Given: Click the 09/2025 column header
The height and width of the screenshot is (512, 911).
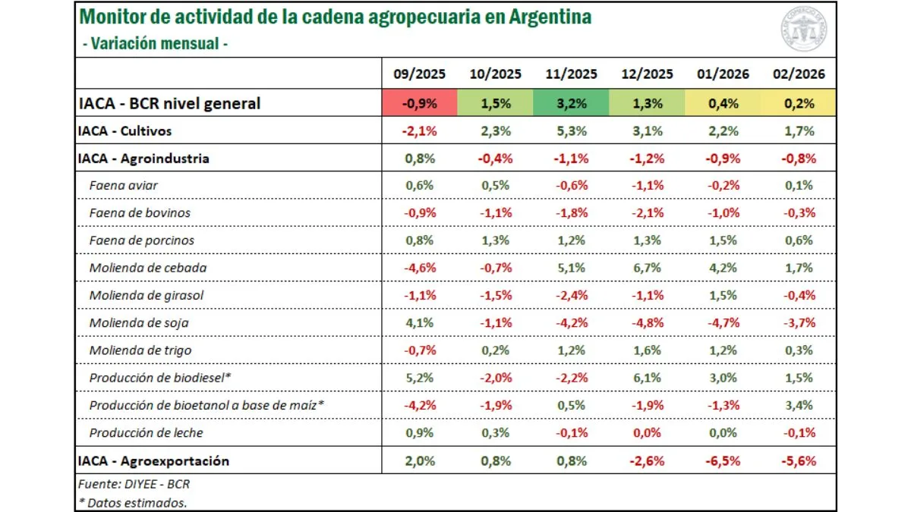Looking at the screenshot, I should point(419,74).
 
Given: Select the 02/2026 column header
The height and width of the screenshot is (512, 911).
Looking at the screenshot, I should point(799,74).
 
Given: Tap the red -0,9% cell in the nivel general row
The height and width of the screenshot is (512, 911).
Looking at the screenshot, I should point(419,103).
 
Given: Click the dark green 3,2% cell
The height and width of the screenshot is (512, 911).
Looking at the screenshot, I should point(571,103).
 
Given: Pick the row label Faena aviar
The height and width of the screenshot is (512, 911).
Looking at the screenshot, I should point(123,185).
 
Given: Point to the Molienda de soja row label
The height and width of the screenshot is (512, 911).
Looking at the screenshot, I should point(139,322).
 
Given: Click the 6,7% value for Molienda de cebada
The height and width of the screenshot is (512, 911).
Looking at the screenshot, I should point(647,268).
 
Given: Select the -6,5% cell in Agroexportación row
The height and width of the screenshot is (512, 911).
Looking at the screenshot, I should point(723,460).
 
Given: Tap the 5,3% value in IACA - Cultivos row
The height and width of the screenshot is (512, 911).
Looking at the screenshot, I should point(571,131).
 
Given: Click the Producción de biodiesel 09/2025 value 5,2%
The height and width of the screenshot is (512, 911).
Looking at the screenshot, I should point(419,378).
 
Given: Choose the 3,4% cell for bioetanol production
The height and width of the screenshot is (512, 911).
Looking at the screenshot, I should point(799,405).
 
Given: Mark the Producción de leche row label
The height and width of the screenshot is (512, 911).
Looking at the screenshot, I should point(146,432).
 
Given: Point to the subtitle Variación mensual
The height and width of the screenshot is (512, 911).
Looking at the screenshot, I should point(156,43).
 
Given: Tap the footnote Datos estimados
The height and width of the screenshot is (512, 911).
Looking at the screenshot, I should point(133,501).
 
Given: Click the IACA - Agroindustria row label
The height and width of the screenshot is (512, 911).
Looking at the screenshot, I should point(143,159).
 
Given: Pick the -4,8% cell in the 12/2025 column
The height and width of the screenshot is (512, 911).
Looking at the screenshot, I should point(647,322).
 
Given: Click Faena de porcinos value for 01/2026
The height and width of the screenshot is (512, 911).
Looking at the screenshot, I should point(723,240).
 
